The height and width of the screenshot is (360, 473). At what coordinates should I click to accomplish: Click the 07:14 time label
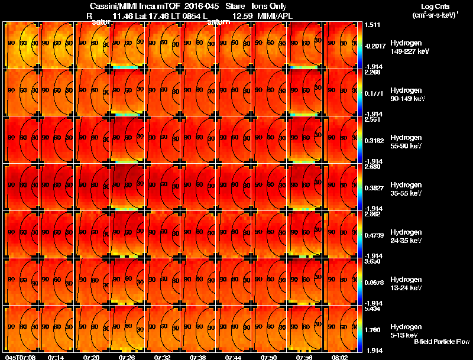[57, 357]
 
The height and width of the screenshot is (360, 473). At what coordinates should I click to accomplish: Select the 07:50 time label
[269, 357]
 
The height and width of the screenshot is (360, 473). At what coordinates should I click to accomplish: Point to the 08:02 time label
[340, 357]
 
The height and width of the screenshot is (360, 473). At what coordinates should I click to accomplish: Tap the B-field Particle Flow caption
[441, 342]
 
